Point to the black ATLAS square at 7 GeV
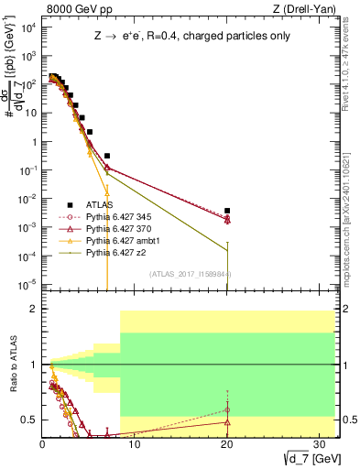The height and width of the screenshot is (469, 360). click(107, 156)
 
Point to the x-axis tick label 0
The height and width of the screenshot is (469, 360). click(42, 443)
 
